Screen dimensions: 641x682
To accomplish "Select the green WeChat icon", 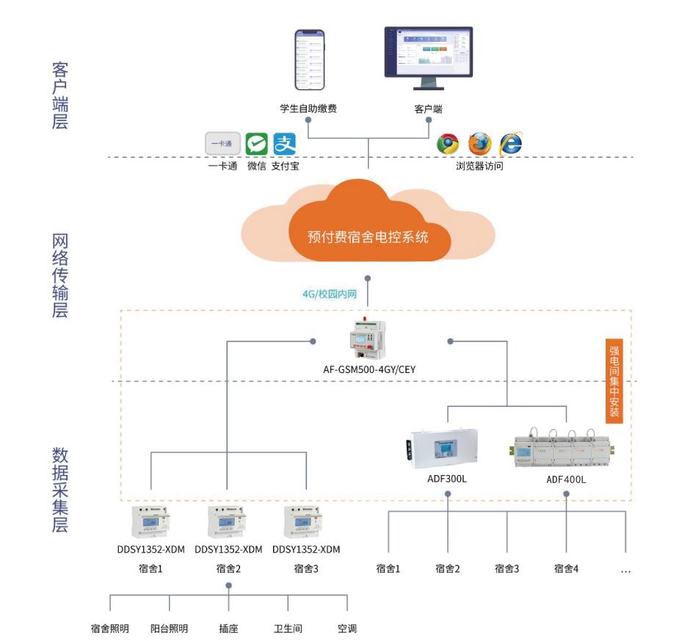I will click(256, 144).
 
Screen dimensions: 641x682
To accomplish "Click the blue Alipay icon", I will click(284, 144).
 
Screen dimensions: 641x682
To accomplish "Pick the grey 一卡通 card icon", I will click(223, 144).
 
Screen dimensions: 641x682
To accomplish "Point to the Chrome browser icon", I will click(448, 144).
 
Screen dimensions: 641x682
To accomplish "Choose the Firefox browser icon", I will click(479, 144).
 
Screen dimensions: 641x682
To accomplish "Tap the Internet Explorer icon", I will click(510, 144).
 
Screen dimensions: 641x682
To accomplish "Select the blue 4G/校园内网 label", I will click(330, 294).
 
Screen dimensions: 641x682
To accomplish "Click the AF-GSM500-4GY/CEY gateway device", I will click(369, 340).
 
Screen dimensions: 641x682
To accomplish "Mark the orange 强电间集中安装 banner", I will click(614, 380).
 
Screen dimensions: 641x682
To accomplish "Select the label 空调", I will click(347, 629).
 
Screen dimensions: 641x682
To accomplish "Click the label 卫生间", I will click(288, 629).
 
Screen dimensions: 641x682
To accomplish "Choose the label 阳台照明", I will click(169, 629).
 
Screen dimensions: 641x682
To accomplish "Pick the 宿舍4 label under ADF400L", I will click(567, 568).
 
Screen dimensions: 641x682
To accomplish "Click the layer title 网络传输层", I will click(60, 276).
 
